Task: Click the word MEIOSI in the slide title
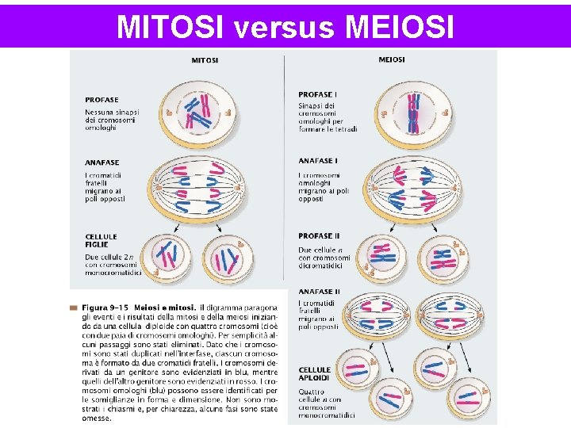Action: click(x=400, y=26)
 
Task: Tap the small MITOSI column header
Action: click(x=205, y=59)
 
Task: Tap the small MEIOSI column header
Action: click(x=392, y=59)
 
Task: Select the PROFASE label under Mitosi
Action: click(x=102, y=100)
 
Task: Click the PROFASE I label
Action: click(x=318, y=95)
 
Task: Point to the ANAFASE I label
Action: click(x=318, y=162)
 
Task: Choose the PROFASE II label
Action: click(x=320, y=235)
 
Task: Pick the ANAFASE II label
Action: click(x=320, y=292)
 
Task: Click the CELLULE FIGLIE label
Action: click(x=102, y=240)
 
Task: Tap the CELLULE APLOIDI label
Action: click(x=315, y=374)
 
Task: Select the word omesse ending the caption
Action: click(x=98, y=419)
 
